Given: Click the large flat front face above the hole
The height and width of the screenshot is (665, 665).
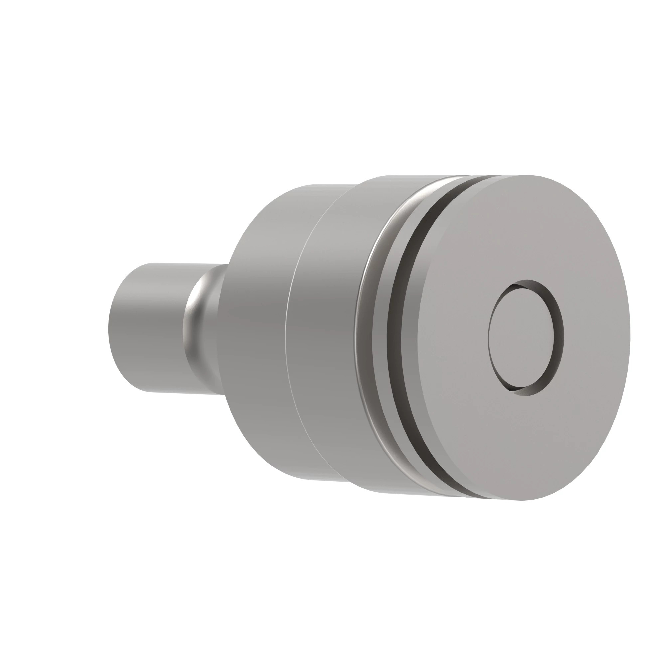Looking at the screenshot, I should click(x=523, y=227).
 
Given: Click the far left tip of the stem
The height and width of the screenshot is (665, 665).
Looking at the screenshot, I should click(x=109, y=327).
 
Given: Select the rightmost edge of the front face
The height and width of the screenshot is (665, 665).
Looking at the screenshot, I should click(x=629, y=335).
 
